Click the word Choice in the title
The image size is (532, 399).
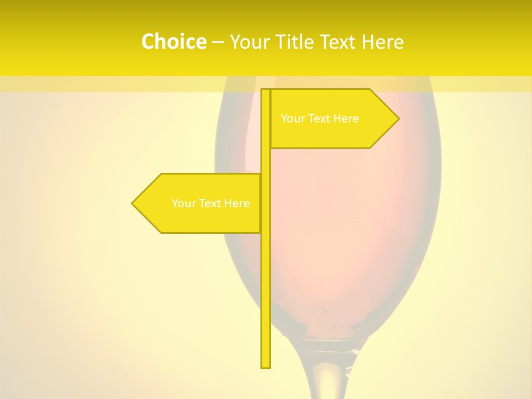pyautogui.click(x=173, y=42)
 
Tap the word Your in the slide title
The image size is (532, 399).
pyautogui.click(x=249, y=42)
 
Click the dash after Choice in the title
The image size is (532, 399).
pyautogui.click(x=218, y=42)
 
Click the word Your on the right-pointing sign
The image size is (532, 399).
pyautogui.click(x=292, y=119)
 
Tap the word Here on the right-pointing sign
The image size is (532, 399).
pyautogui.click(x=346, y=119)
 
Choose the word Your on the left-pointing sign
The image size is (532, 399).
pyautogui.click(x=183, y=203)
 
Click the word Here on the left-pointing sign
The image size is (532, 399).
pyautogui.click(x=237, y=203)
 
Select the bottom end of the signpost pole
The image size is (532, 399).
pyautogui.click(x=265, y=366)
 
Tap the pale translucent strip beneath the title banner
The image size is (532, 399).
pyautogui.click(x=111, y=84)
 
